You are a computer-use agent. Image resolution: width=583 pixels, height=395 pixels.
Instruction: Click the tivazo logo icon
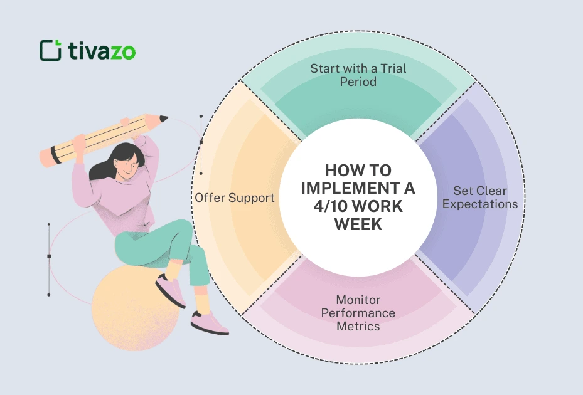(50, 50)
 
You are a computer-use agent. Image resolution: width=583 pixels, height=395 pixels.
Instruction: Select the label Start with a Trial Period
(358, 75)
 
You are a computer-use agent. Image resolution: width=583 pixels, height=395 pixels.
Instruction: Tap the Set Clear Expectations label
(480, 197)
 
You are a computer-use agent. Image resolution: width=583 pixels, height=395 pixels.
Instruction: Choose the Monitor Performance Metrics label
(358, 313)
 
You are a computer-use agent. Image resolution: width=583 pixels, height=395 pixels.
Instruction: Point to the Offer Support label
(234, 197)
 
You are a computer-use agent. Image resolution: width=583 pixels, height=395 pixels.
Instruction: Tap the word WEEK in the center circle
(358, 224)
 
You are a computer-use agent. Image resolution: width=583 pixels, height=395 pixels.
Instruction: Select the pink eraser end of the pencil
(46, 157)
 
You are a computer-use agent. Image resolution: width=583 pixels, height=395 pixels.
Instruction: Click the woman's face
(127, 166)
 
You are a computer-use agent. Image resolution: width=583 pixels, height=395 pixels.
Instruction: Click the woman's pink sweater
(119, 201)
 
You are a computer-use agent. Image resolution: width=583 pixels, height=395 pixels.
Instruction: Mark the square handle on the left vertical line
(49, 256)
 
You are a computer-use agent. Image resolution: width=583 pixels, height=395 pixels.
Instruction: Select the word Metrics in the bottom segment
(358, 326)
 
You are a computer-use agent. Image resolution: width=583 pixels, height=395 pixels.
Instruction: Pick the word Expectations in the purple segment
(480, 204)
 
